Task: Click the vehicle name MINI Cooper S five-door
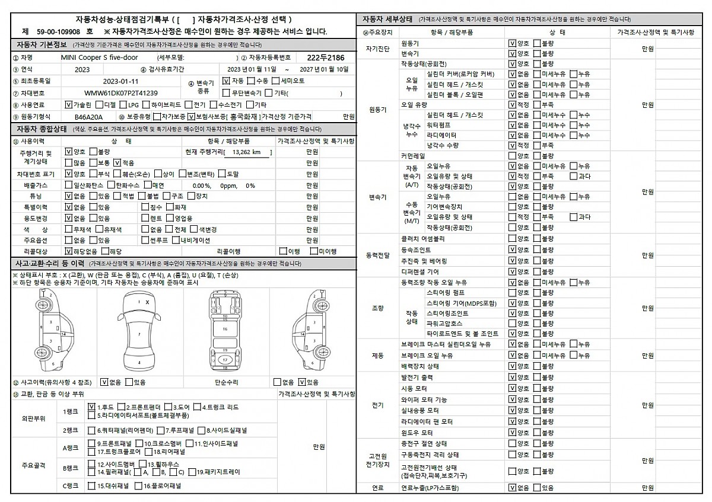point(99,57)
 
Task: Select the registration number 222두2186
point(326,57)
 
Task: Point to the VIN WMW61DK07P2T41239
point(120,93)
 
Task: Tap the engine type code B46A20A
point(88,117)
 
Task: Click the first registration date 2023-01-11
point(120,81)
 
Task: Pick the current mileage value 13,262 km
point(247,152)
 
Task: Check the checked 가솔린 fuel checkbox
point(68,105)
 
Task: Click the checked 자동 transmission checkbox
point(226,81)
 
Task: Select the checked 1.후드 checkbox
point(91,407)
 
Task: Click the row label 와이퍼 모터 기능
point(424,400)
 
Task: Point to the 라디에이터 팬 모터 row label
point(427,421)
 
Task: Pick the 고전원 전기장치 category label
point(378,460)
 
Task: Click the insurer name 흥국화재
point(245,117)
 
